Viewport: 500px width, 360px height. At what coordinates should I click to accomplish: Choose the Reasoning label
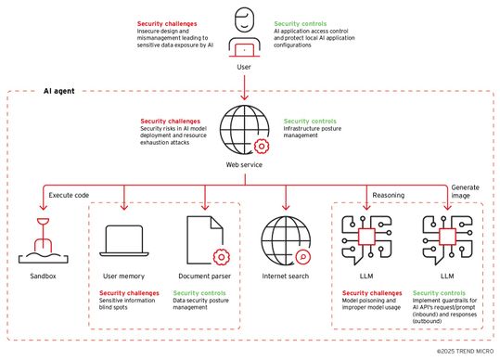click(388, 196)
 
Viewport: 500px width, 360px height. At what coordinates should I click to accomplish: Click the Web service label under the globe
click(245, 164)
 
